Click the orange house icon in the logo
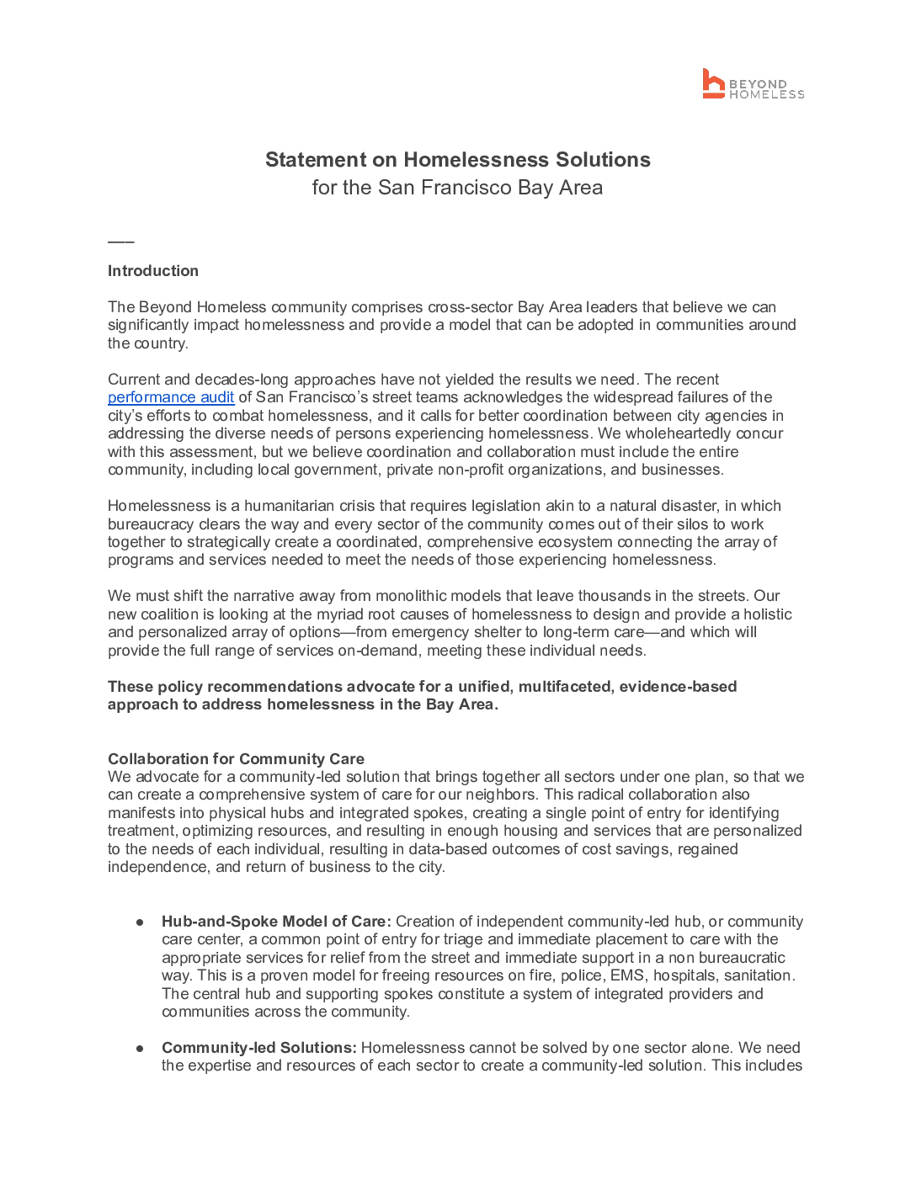[713, 83]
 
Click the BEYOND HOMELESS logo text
[766, 89]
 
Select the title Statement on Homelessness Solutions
[457, 160]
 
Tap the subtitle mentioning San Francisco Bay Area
[457, 188]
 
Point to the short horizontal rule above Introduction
[120, 242]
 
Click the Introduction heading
[153, 271]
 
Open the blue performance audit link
[171, 397]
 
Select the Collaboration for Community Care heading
[236, 759]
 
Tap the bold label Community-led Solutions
[258, 1048]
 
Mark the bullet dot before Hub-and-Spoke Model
[140, 922]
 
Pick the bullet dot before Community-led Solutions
[140, 1049]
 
